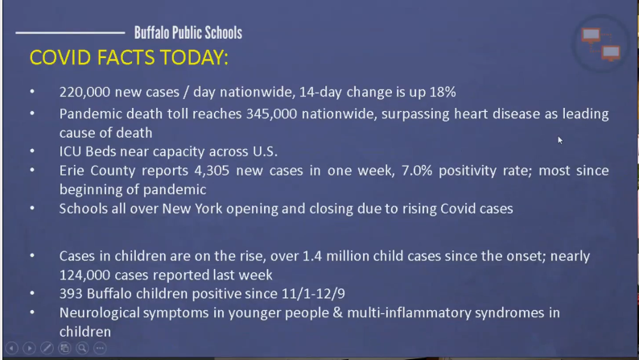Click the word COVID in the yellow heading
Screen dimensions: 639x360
click(x=60, y=57)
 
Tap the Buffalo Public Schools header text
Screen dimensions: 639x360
click(x=188, y=32)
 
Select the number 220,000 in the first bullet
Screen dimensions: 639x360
click(x=85, y=92)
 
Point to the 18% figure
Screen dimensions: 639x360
click(x=443, y=92)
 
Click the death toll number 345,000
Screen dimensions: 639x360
click(x=271, y=114)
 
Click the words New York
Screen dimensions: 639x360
click(x=192, y=209)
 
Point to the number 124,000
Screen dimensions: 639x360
click(x=85, y=275)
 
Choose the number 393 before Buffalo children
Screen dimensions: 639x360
click(x=71, y=293)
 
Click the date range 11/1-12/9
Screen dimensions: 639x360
click(x=313, y=293)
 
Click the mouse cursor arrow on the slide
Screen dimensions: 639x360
click(x=560, y=140)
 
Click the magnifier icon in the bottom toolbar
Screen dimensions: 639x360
click(x=82, y=348)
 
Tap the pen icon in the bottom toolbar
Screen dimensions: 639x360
click(x=47, y=348)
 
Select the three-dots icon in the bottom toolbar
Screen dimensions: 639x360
click(x=100, y=348)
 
